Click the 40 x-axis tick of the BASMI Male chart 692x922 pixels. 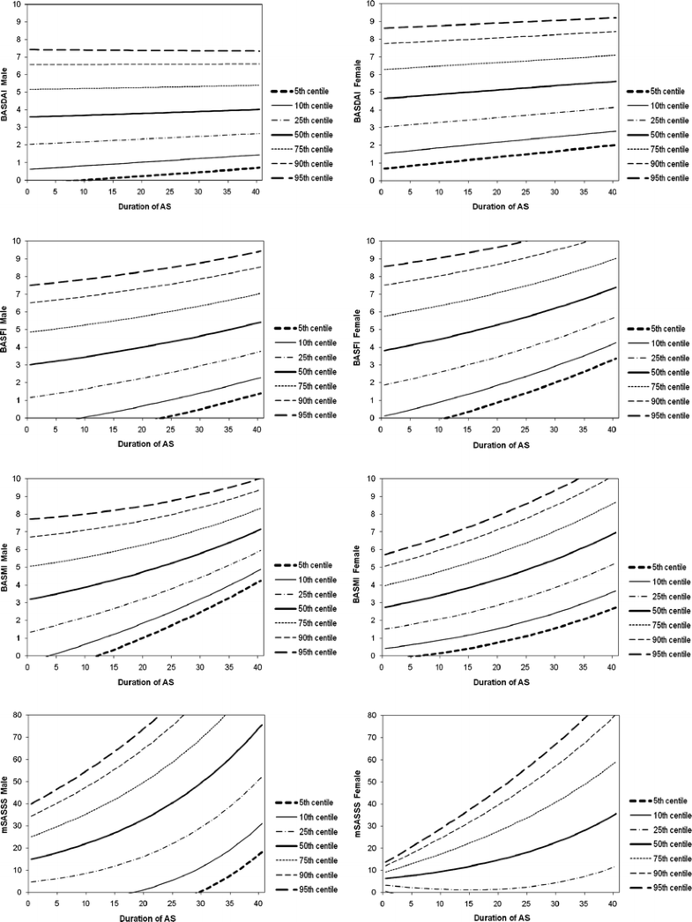pos(256,667)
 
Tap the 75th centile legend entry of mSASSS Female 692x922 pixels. pos(664,860)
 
